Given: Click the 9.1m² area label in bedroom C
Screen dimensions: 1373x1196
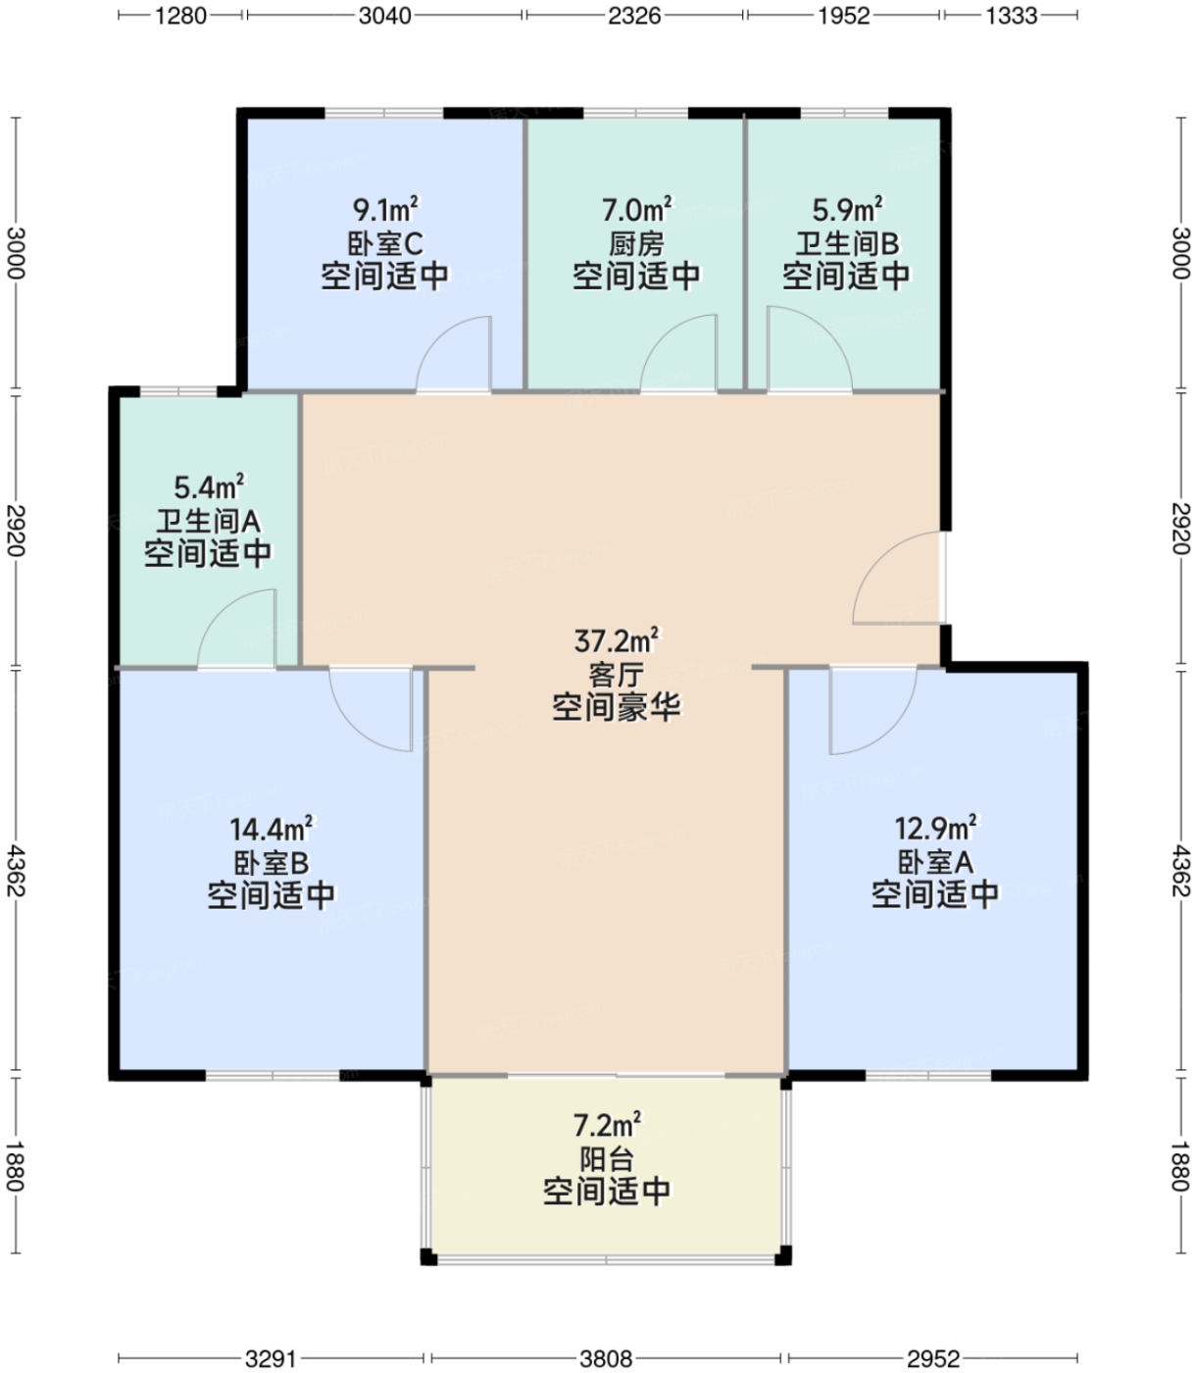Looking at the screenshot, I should (x=385, y=210).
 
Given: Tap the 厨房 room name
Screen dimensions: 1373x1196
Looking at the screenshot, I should (x=636, y=243).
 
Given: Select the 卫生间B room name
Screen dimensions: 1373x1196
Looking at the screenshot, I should (x=846, y=243).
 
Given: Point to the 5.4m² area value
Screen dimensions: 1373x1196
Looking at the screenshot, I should (x=209, y=487).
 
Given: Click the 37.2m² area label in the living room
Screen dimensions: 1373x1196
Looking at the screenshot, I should (x=616, y=641).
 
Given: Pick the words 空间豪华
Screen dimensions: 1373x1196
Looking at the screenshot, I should (x=616, y=706).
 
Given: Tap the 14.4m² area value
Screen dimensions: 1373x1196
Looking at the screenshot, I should (x=271, y=830).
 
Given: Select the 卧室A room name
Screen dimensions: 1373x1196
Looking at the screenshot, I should (x=935, y=862).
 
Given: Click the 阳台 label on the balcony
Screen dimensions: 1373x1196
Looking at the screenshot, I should (x=607, y=1159).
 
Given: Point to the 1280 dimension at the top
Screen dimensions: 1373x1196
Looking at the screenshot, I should (x=181, y=16).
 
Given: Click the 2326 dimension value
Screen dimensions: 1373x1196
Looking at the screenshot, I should (x=634, y=16).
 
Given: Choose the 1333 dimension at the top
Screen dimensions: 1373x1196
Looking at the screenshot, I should (x=1011, y=16).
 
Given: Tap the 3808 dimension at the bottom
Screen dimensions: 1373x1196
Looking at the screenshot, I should (x=606, y=1358).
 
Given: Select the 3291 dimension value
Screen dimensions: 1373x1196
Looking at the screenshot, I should (x=271, y=1358).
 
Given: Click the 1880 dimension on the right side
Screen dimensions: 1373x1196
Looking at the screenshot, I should (x=1180, y=1165).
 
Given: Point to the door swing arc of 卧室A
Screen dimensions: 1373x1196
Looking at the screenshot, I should (x=872, y=711).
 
